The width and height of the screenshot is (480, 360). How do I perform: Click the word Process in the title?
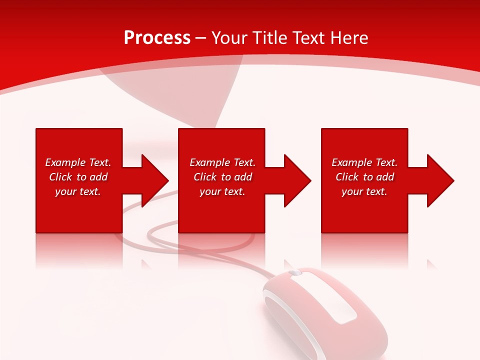pos(157,38)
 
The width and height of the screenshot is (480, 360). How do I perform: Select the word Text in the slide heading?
pos(309,38)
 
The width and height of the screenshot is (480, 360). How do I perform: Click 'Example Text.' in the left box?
pos(78,162)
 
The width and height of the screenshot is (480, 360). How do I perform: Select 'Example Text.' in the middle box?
pos(222,162)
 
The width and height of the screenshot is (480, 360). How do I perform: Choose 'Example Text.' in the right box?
pos(364,162)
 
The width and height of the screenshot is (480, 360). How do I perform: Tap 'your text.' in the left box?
pos(78,191)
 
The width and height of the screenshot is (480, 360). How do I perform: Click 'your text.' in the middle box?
pos(222,191)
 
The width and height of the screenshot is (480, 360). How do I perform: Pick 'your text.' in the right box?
pos(364,191)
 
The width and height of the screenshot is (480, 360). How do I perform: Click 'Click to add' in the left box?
pos(78,177)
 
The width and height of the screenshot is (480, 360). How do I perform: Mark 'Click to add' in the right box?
pos(364,177)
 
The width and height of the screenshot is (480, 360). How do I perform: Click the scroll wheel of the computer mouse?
pos(295,273)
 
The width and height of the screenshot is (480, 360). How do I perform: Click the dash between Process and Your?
pos(201,38)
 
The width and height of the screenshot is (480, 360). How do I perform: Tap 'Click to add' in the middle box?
pos(222,177)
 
